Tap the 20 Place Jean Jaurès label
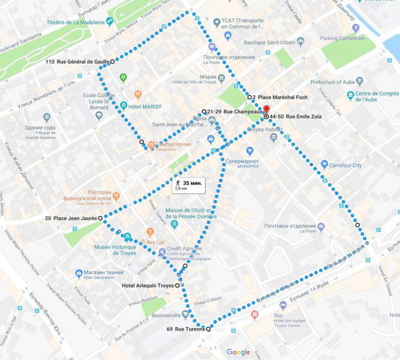[x=70, y=218]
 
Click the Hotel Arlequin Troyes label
[x=147, y=286]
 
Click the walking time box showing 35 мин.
[x=189, y=185]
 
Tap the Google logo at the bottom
[x=238, y=352]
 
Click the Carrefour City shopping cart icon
[x=324, y=164]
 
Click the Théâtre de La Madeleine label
[x=76, y=23]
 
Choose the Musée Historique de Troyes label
[x=118, y=250]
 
